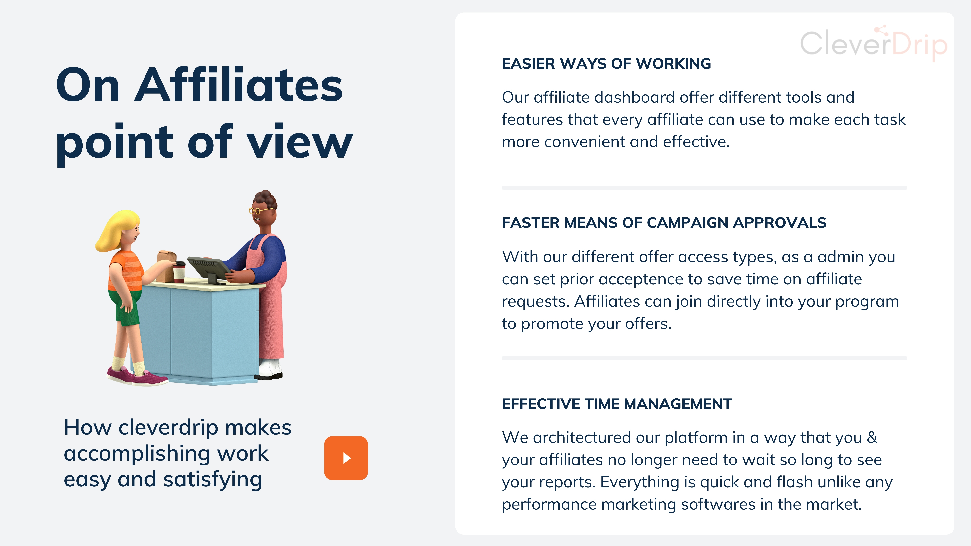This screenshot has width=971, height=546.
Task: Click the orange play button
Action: tap(346, 458)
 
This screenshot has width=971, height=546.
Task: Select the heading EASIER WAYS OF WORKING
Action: tap(606, 64)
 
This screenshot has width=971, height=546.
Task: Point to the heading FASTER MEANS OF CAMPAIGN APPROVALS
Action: tap(664, 223)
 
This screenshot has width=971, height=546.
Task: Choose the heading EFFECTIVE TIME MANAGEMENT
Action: tap(617, 404)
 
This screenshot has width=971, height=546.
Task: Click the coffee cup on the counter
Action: tap(179, 272)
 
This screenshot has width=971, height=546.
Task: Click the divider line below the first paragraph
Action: tap(704, 188)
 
